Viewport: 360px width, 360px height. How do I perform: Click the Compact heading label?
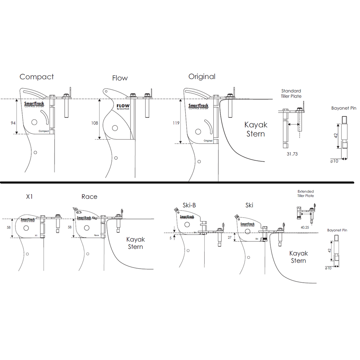pos(37,77)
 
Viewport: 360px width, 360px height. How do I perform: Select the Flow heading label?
pos(120,78)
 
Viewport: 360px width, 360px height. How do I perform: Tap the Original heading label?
pos(202,76)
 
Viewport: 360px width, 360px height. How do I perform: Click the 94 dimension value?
pos(13,123)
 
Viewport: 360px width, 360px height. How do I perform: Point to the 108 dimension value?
pos(94,123)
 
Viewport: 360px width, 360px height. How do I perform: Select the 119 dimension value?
pos(176,123)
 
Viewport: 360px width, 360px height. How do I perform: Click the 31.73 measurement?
pos(292,154)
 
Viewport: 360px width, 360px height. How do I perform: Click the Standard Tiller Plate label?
pos(291,94)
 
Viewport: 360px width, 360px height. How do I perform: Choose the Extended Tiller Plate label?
pos(306,194)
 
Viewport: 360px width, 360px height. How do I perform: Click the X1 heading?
pos(30,197)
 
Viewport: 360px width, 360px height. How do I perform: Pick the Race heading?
pos(89,197)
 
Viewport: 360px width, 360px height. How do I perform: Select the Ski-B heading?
pos(189,205)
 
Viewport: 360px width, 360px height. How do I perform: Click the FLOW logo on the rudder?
pos(123,106)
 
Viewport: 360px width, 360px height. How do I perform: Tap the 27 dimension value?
pos(230,238)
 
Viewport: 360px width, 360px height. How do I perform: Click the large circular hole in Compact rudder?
pos(34,122)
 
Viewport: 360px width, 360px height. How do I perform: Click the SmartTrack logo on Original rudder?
pos(198,106)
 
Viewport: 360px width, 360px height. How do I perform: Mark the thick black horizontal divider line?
pos(176,182)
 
